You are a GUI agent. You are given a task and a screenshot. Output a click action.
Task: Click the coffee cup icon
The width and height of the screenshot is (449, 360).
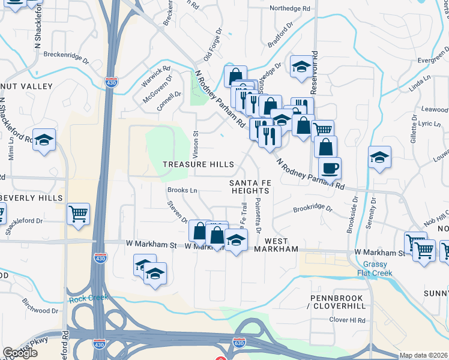(x=330, y=168)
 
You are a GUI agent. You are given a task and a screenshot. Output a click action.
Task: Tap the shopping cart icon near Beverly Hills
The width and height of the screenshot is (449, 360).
(x=78, y=213)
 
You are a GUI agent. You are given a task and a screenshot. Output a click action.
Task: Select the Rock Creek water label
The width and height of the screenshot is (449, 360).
(x=88, y=298)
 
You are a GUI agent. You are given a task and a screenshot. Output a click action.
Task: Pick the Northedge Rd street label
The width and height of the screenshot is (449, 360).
(x=290, y=9)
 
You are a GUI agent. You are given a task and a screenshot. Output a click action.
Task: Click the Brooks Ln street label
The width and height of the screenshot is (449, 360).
(x=182, y=190)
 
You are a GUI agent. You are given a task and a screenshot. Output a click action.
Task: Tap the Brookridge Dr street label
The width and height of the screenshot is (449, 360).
(x=312, y=209)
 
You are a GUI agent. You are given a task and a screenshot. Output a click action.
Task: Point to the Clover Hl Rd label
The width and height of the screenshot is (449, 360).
(x=348, y=320)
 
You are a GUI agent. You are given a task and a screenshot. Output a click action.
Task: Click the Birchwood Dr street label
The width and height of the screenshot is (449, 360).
(x=40, y=311)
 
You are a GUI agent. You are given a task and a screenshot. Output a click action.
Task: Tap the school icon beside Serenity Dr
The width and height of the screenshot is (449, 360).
(x=379, y=158)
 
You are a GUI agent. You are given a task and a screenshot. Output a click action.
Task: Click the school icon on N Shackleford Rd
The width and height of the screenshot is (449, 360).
(x=44, y=140)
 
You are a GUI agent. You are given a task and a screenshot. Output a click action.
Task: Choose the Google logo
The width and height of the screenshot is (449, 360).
(x=20, y=353)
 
